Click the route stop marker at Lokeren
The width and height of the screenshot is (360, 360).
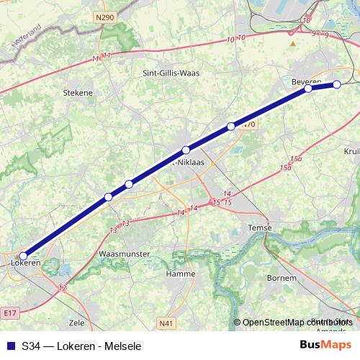click(23, 255)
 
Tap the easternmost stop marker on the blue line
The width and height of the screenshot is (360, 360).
click(336, 85)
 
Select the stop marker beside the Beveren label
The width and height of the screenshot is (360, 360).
click(308, 89)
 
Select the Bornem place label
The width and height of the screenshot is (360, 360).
click(281, 277)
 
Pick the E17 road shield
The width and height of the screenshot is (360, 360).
click(9, 313)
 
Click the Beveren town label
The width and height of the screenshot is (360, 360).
click(306, 81)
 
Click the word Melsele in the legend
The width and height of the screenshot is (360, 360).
click(120, 346)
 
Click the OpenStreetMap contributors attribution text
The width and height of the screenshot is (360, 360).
click(296, 323)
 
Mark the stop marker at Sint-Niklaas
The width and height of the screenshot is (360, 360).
click(186, 150)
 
